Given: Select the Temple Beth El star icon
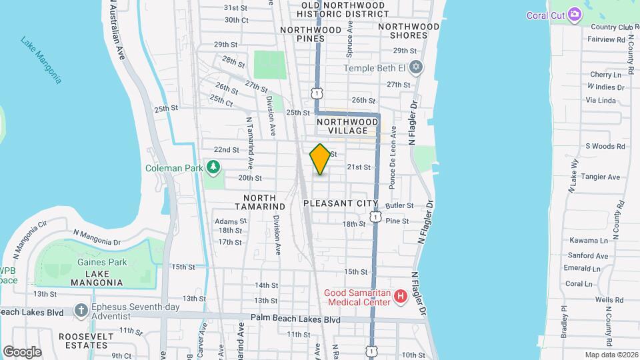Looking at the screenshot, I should point(416,68).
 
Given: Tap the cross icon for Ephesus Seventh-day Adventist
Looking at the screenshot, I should point(81,310).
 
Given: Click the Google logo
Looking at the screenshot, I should point(22,351).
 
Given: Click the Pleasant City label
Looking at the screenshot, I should point(340,203).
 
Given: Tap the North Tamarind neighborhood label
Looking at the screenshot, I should point(259,202).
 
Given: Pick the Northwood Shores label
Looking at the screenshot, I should point(409,31).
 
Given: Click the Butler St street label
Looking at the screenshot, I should point(400,206).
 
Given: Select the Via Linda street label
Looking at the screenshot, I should point(600,100).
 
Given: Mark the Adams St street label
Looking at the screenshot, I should point(226,221).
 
